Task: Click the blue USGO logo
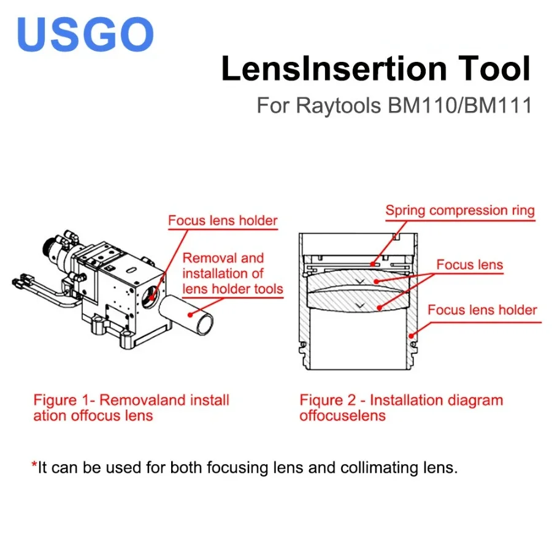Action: (x=85, y=34)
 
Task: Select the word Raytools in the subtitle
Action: (x=339, y=105)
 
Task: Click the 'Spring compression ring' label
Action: (x=460, y=211)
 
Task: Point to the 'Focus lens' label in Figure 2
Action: (x=469, y=265)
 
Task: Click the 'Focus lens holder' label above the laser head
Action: (x=223, y=221)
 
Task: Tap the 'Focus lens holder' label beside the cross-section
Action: (x=482, y=310)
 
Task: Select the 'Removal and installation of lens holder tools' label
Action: (x=232, y=274)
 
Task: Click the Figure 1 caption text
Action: (x=131, y=408)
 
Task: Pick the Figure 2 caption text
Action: (x=401, y=408)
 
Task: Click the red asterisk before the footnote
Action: (x=34, y=466)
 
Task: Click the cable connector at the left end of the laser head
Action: (x=18, y=283)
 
